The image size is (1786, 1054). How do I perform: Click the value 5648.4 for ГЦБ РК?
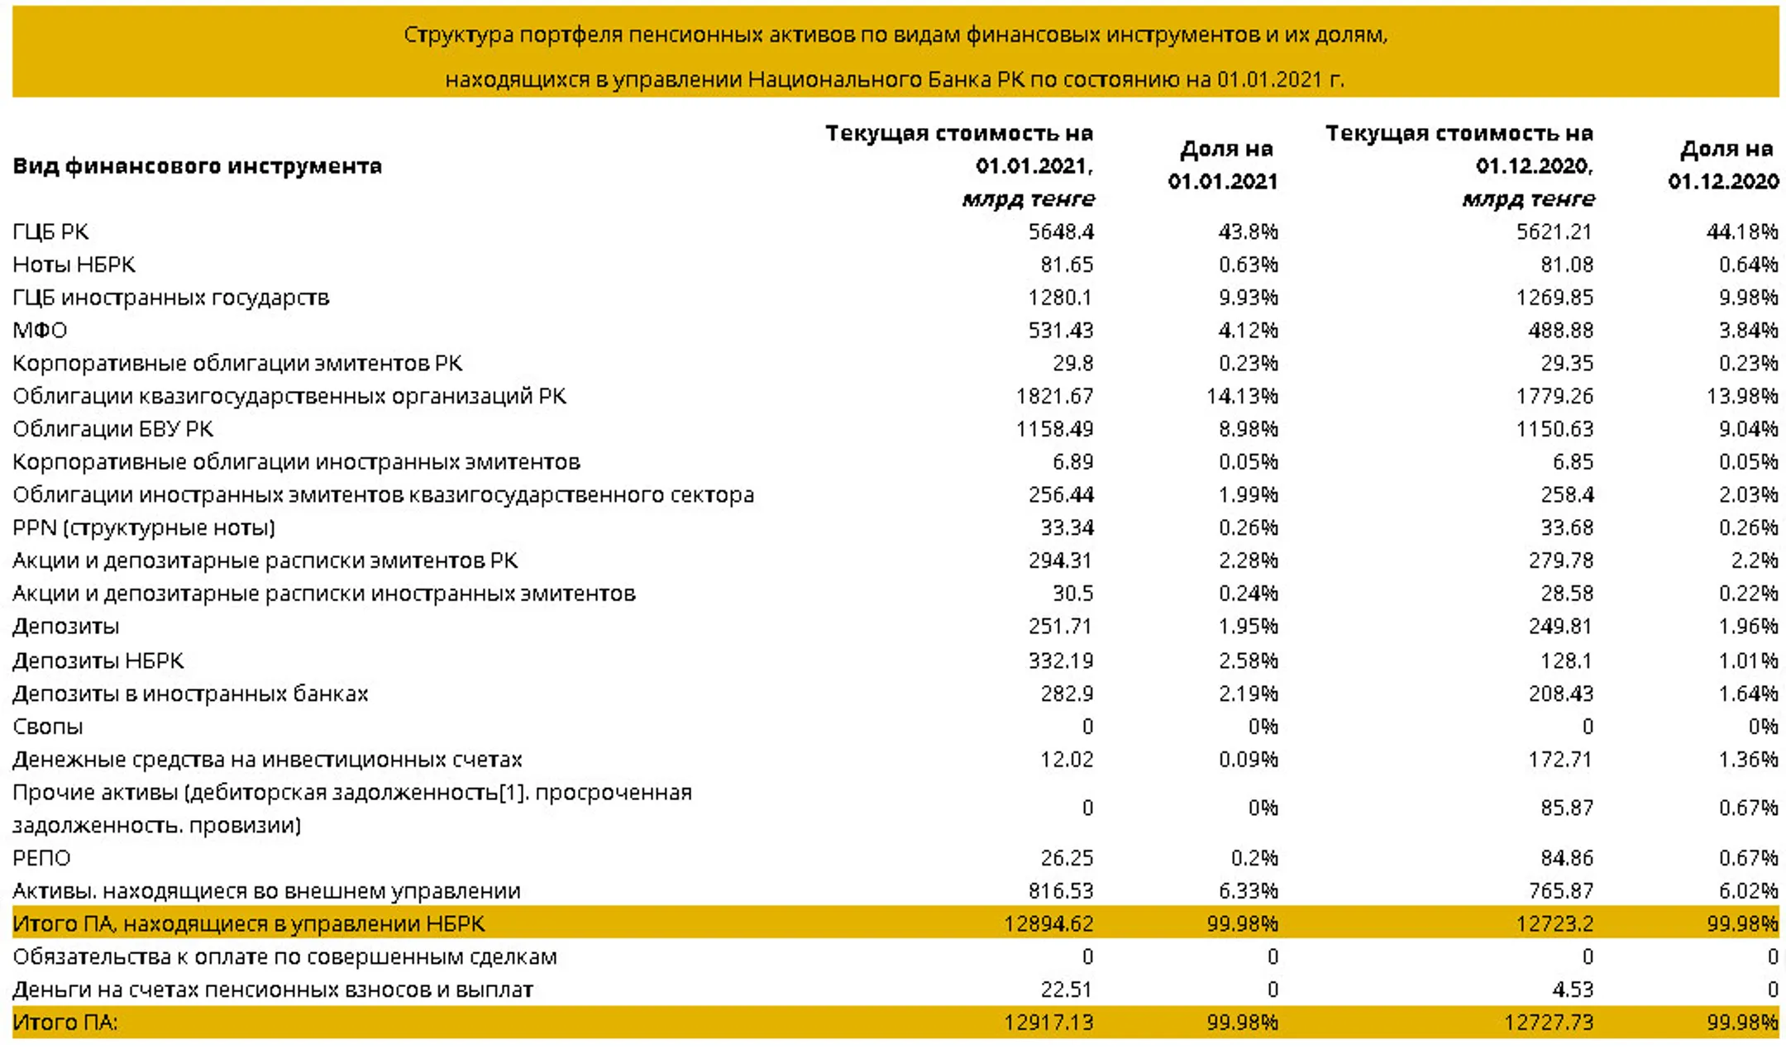point(1061,231)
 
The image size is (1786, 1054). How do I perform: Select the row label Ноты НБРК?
point(74,265)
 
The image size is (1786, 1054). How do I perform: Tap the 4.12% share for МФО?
point(1248,331)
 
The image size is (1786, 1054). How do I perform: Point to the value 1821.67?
point(1054,396)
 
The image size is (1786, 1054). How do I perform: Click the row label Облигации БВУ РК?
point(112,429)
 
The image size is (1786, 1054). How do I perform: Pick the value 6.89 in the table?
point(1073,462)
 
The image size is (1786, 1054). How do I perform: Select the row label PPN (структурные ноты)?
point(144,527)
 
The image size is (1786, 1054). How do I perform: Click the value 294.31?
point(1061,560)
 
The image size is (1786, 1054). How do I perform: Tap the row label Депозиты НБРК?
point(98,661)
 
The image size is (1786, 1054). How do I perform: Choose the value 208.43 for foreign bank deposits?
point(1561,694)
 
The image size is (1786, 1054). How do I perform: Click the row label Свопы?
point(48,727)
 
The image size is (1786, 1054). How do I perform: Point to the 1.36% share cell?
point(1748,759)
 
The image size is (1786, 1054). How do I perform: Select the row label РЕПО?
point(41,858)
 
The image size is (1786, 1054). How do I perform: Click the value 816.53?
point(1061,891)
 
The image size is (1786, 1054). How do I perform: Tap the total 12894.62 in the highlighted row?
point(1048,923)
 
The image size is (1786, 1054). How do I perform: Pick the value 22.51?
point(1067,990)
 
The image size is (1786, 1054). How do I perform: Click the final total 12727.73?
point(1549,1023)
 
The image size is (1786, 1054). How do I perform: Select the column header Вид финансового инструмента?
point(197,166)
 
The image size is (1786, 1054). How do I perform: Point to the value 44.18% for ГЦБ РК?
point(1742,231)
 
